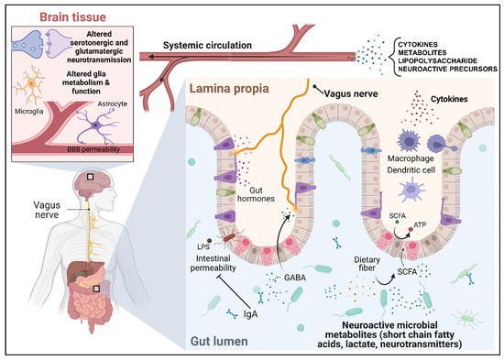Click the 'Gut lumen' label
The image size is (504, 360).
coord(211,341)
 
